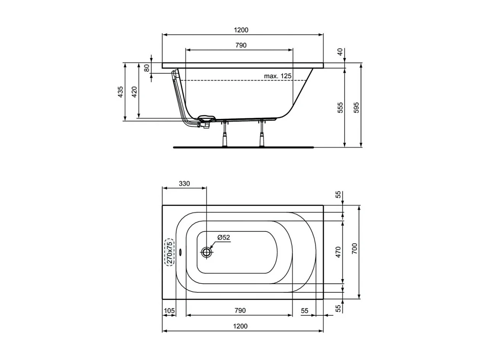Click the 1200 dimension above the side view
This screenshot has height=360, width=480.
(241, 30)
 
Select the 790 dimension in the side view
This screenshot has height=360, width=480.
(241, 45)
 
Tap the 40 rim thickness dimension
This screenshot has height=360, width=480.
(340, 52)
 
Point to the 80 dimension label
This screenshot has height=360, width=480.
(147, 68)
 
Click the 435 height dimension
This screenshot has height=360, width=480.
(120, 92)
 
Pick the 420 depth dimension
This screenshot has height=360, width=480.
(134, 92)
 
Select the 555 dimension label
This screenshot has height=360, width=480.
(340, 108)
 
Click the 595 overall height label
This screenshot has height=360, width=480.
(356, 108)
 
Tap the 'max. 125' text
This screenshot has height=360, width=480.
(278, 76)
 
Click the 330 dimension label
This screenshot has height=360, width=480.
(184, 184)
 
